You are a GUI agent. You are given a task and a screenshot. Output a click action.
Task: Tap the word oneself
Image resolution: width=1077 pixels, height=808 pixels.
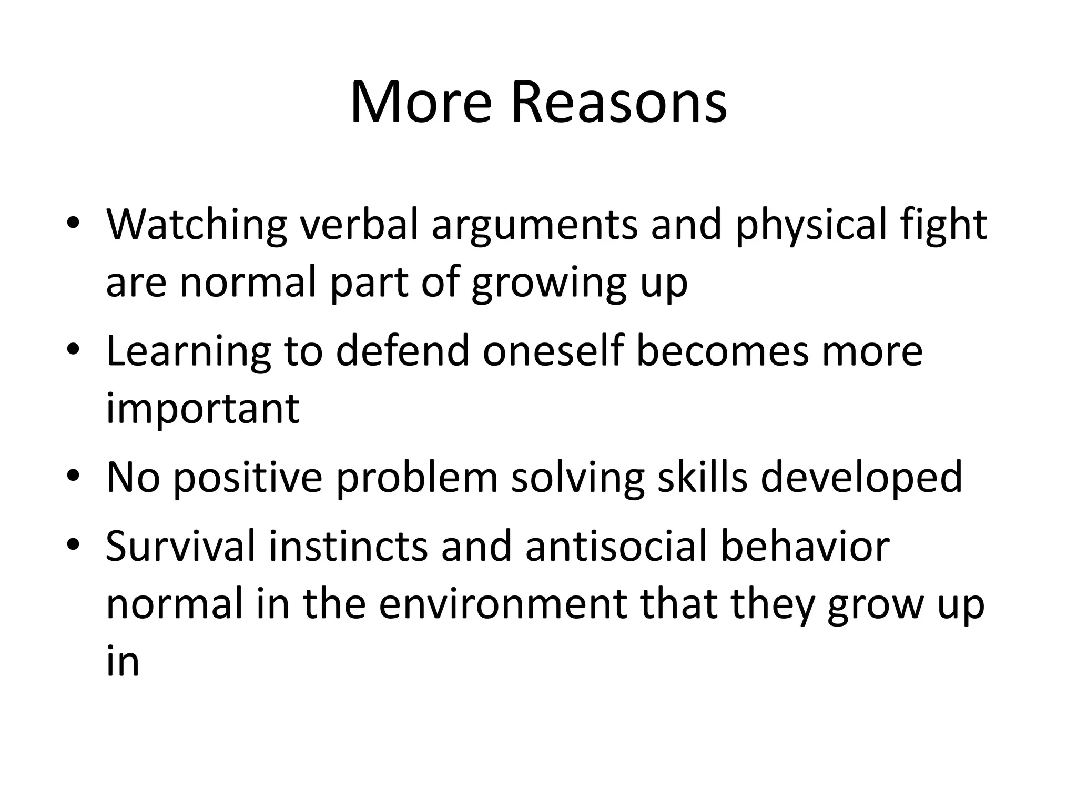[x=552, y=351]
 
